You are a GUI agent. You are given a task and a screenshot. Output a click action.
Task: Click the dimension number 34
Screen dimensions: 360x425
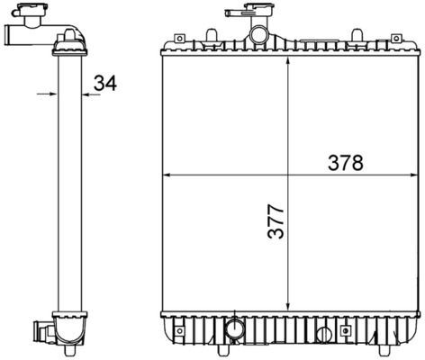click(x=105, y=84)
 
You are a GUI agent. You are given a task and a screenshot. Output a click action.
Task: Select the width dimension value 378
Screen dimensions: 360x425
click(x=345, y=163)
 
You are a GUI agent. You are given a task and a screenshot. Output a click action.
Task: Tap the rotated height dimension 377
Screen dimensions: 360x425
click(x=276, y=221)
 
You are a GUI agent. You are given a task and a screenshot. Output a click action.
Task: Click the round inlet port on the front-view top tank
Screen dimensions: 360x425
click(x=259, y=37)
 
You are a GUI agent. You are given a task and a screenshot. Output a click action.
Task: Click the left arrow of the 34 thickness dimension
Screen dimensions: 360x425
click(x=52, y=92)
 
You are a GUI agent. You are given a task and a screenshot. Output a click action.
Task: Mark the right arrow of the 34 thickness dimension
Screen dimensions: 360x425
click(x=86, y=92)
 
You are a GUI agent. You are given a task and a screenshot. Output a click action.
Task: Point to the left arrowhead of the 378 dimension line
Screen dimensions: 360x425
click(x=165, y=174)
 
